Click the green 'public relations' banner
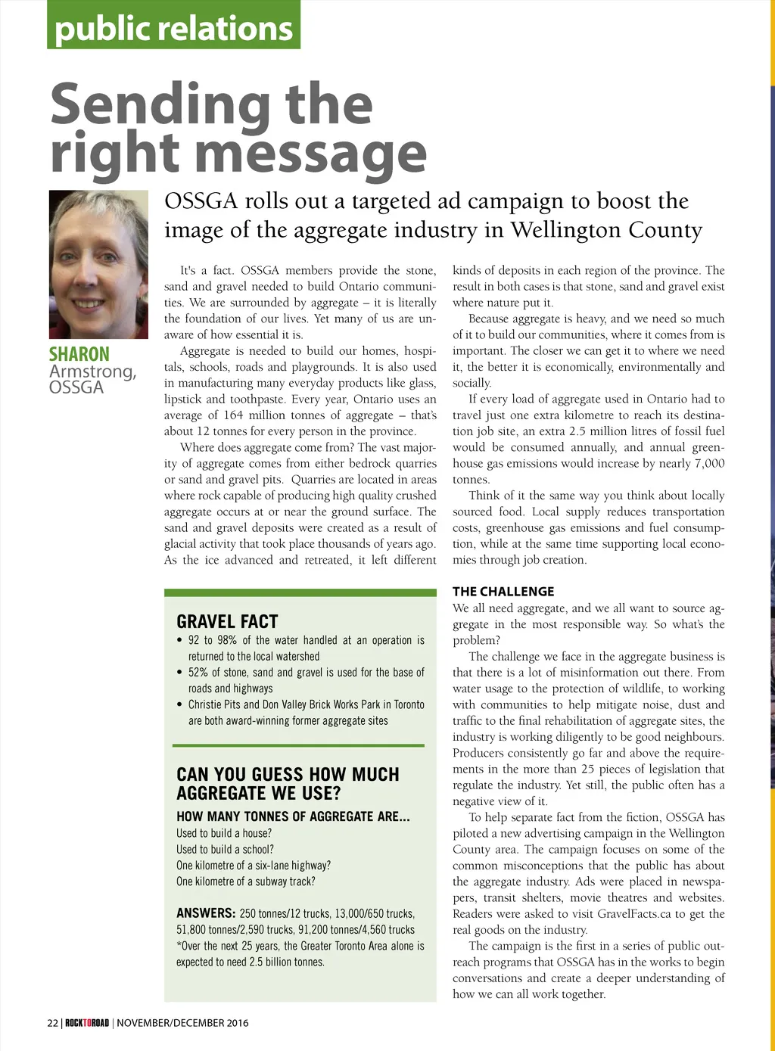(x=173, y=27)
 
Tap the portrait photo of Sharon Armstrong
(x=98, y=264)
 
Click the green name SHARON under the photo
(x=79, y=354)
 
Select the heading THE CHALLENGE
(x=503, y=592)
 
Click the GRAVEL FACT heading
(x=227, y=622)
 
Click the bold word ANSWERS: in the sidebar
(x=206, y=913)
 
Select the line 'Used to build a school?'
(x=225, y=850)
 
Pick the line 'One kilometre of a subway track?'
(x=245, y=882)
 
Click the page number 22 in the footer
(x=52, y=1023)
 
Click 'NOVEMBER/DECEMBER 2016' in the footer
(x=182, y=1023)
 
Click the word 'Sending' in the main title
(x=158, y=106)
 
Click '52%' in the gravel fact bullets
(x=199, y=673)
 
